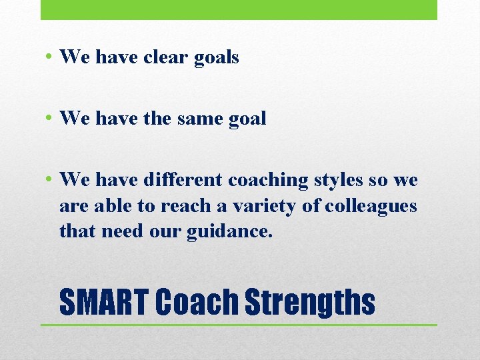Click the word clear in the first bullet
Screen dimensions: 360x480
(x=166, y=57)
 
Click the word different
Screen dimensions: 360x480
(x=183, y=180)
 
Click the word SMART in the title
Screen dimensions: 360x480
(x=104, y=302)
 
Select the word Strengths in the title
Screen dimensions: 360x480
(x=310, y=302)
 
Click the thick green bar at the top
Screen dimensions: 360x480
(x=239, y=9)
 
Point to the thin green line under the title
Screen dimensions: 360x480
(x=239, y=325)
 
